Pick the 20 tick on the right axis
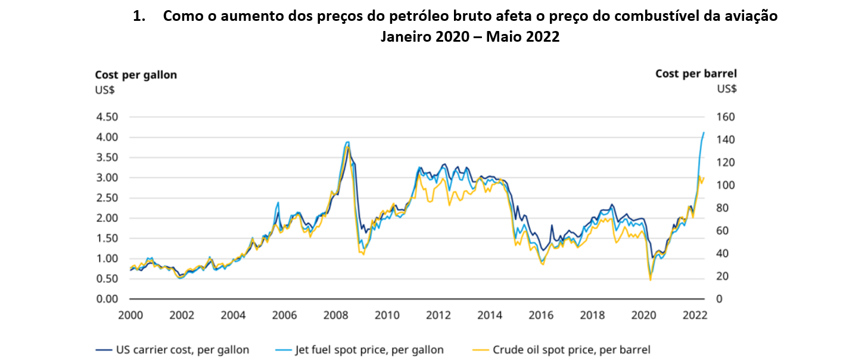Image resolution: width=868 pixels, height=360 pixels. click(721, 277)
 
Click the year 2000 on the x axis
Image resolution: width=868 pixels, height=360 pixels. click(130, 315)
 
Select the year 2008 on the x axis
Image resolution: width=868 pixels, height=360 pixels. click(335, 315)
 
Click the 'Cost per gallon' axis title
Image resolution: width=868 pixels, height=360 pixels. click(136, 75)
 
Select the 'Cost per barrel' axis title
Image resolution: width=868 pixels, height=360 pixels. click(696, 74)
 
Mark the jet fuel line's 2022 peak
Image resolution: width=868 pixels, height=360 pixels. click(704, 132)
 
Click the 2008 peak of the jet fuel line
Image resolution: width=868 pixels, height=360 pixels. click(347, 142)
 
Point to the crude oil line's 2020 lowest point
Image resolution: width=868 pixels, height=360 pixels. click(650, 280)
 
